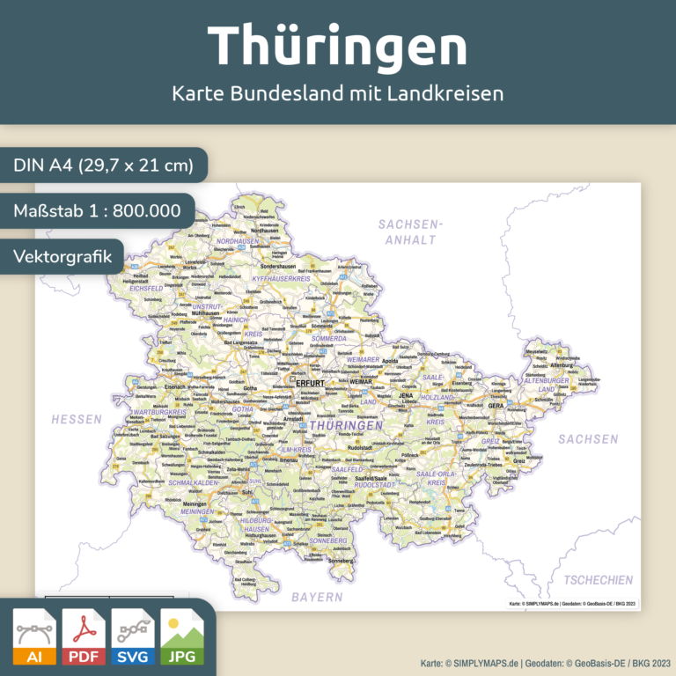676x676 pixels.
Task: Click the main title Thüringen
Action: point(337,44)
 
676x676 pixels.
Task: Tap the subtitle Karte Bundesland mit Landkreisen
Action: point(338,92)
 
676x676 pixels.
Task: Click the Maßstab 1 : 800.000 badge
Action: point(97,211)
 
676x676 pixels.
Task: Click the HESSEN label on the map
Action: point(77,419)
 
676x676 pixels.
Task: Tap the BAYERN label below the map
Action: point(318,597)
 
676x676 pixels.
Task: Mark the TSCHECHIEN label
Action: point(598,579)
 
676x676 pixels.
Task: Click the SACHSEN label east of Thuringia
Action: point(588,438)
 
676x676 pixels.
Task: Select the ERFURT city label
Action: point(311,385)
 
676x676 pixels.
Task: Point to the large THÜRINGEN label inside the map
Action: point(347,425)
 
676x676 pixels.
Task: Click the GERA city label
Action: point(496,406)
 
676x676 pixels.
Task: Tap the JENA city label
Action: point(406,396)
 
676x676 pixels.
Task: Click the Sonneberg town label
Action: point(340,560)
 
